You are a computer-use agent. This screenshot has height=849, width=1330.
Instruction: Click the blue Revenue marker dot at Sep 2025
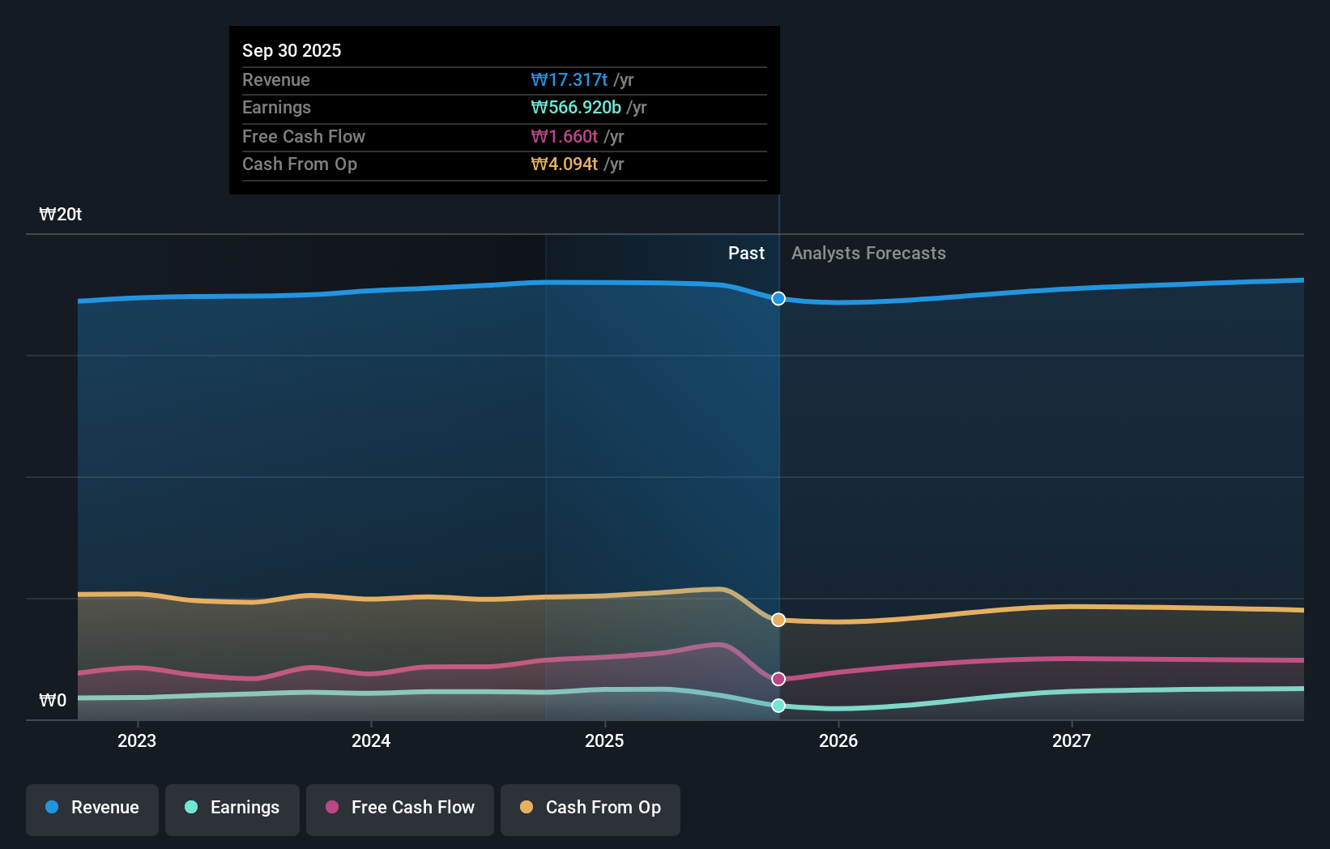778,299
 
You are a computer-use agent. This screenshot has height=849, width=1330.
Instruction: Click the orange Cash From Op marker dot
778,620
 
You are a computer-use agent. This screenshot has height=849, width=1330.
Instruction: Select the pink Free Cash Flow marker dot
778,679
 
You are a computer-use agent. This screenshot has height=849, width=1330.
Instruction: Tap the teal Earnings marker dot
778,706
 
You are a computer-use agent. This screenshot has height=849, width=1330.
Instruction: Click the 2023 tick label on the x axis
137,740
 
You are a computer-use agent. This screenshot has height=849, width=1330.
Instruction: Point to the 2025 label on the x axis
604,740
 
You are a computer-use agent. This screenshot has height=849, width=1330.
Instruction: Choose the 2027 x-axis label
1071,740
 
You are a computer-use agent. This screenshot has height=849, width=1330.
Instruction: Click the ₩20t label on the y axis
61,215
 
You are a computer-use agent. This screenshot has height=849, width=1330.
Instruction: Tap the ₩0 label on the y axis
53,701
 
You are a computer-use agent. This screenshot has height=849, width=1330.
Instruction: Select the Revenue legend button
92,808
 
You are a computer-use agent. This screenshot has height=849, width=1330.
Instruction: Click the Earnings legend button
232,808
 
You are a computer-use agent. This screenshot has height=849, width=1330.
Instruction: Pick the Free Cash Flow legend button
400,808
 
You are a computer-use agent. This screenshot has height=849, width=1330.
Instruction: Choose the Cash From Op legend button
590,808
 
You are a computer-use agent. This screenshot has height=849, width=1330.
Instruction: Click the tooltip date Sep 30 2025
292,50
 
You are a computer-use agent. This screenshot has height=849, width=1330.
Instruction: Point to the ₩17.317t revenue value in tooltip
569,79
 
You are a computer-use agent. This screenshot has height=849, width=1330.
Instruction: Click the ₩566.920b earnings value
576,108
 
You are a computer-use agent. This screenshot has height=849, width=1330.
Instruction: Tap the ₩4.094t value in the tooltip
564,164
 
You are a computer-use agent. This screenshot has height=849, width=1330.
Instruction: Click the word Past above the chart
746,254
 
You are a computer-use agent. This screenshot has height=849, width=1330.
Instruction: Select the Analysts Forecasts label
868,254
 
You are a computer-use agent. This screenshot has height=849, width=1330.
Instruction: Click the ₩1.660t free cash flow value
564,136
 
